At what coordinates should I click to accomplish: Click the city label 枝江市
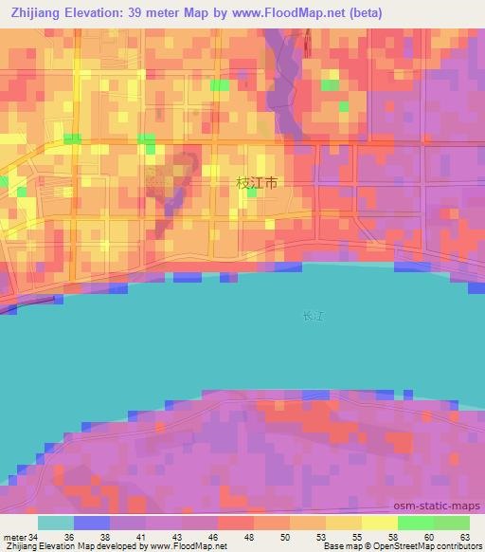click(257, 184)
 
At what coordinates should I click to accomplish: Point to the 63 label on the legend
click(465, 536)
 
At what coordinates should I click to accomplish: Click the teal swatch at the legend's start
click(56, 523)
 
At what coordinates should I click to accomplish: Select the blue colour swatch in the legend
click(92, 523)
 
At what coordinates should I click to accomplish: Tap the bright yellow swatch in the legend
click(379, 523)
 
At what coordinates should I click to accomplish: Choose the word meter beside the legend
click(14, 536)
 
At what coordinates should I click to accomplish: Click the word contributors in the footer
click(459, 546)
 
